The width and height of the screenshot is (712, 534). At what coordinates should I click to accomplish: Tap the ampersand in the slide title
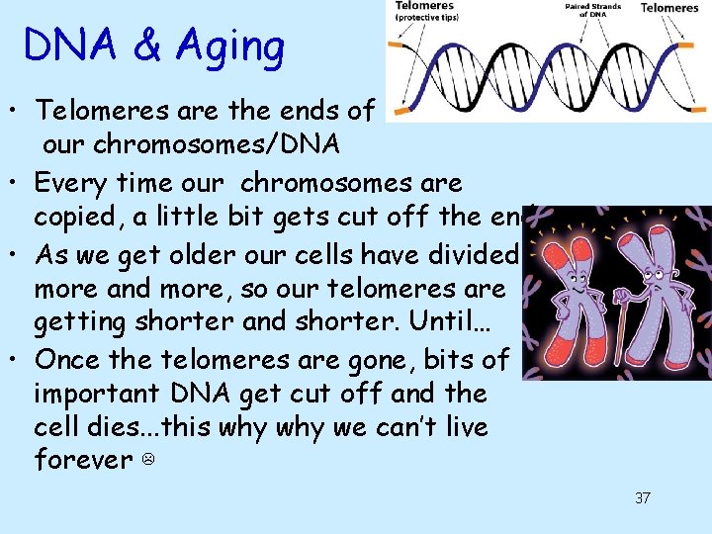pos(145,46)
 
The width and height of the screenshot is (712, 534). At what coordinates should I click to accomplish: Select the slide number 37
pos(642,497)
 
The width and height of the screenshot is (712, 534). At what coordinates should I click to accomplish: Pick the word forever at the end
pos(84,460)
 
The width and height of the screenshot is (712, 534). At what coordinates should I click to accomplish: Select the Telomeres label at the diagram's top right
pos(669,8)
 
